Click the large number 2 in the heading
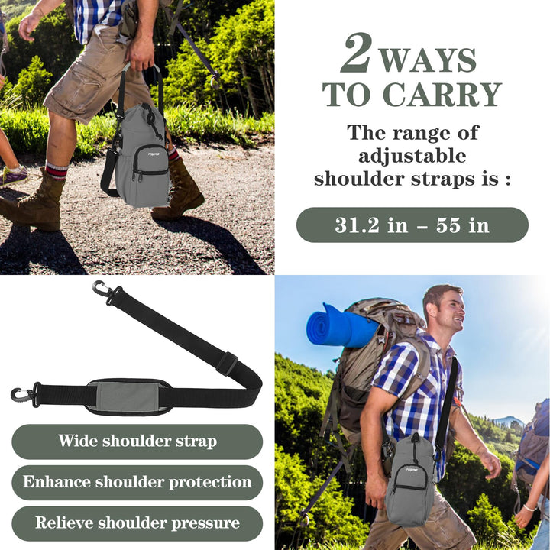click(x=356, y=53)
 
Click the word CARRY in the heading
click(x=442, y=94)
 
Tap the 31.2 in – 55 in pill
click(x=412, y=225)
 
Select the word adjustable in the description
click(x=412, y=156)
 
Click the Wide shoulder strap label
click(x=137, y=441)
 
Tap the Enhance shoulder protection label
click(x=137, y=482)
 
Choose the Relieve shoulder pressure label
click(x=137, y=523)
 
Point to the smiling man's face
click(x=448, y=309)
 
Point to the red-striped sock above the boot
click(x=57, y=169)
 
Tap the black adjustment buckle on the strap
click(x=226, y=363)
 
